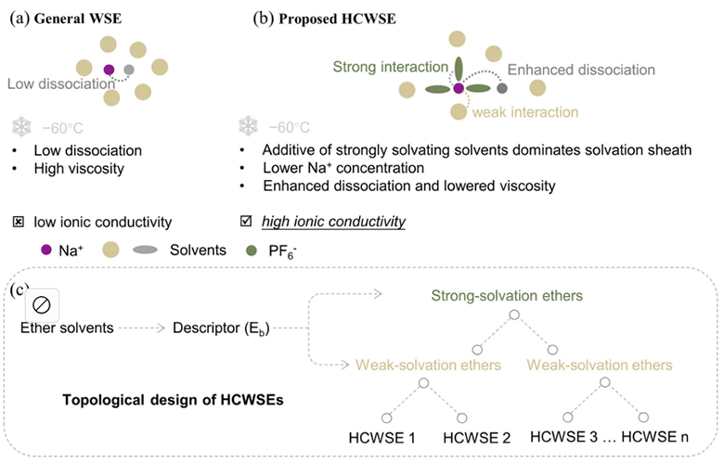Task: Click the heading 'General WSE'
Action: [x=78, y=19]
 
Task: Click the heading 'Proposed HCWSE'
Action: [x=337, y=19]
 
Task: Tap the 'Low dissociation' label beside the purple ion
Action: [x=61, y=84]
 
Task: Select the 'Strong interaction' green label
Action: [x=391, y=67]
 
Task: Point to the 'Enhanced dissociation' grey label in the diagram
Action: [x=581, y=70]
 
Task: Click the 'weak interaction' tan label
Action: [x=525, y=112]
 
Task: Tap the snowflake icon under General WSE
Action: [x=21, y=126]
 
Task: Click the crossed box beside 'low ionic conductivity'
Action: [x=18, y=222]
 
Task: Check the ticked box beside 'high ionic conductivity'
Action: [x=246, y=221]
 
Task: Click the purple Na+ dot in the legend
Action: [x=46, y=250]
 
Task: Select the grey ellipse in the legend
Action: [x=145, y=250]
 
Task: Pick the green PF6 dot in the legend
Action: [x=252, y=251]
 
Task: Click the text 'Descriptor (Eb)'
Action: [x=221, y=328]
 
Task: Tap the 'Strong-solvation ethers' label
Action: [x=507, y=295]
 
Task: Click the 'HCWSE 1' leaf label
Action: [x=381, y=438]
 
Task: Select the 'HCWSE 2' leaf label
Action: [x=476, y=438]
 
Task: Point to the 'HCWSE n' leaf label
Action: [x=654, y=436]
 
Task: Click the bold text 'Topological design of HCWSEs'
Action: [x=173, y=400]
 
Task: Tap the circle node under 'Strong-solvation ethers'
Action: [x=514, y=315]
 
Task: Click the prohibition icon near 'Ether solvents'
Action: [x=42, y=305]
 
